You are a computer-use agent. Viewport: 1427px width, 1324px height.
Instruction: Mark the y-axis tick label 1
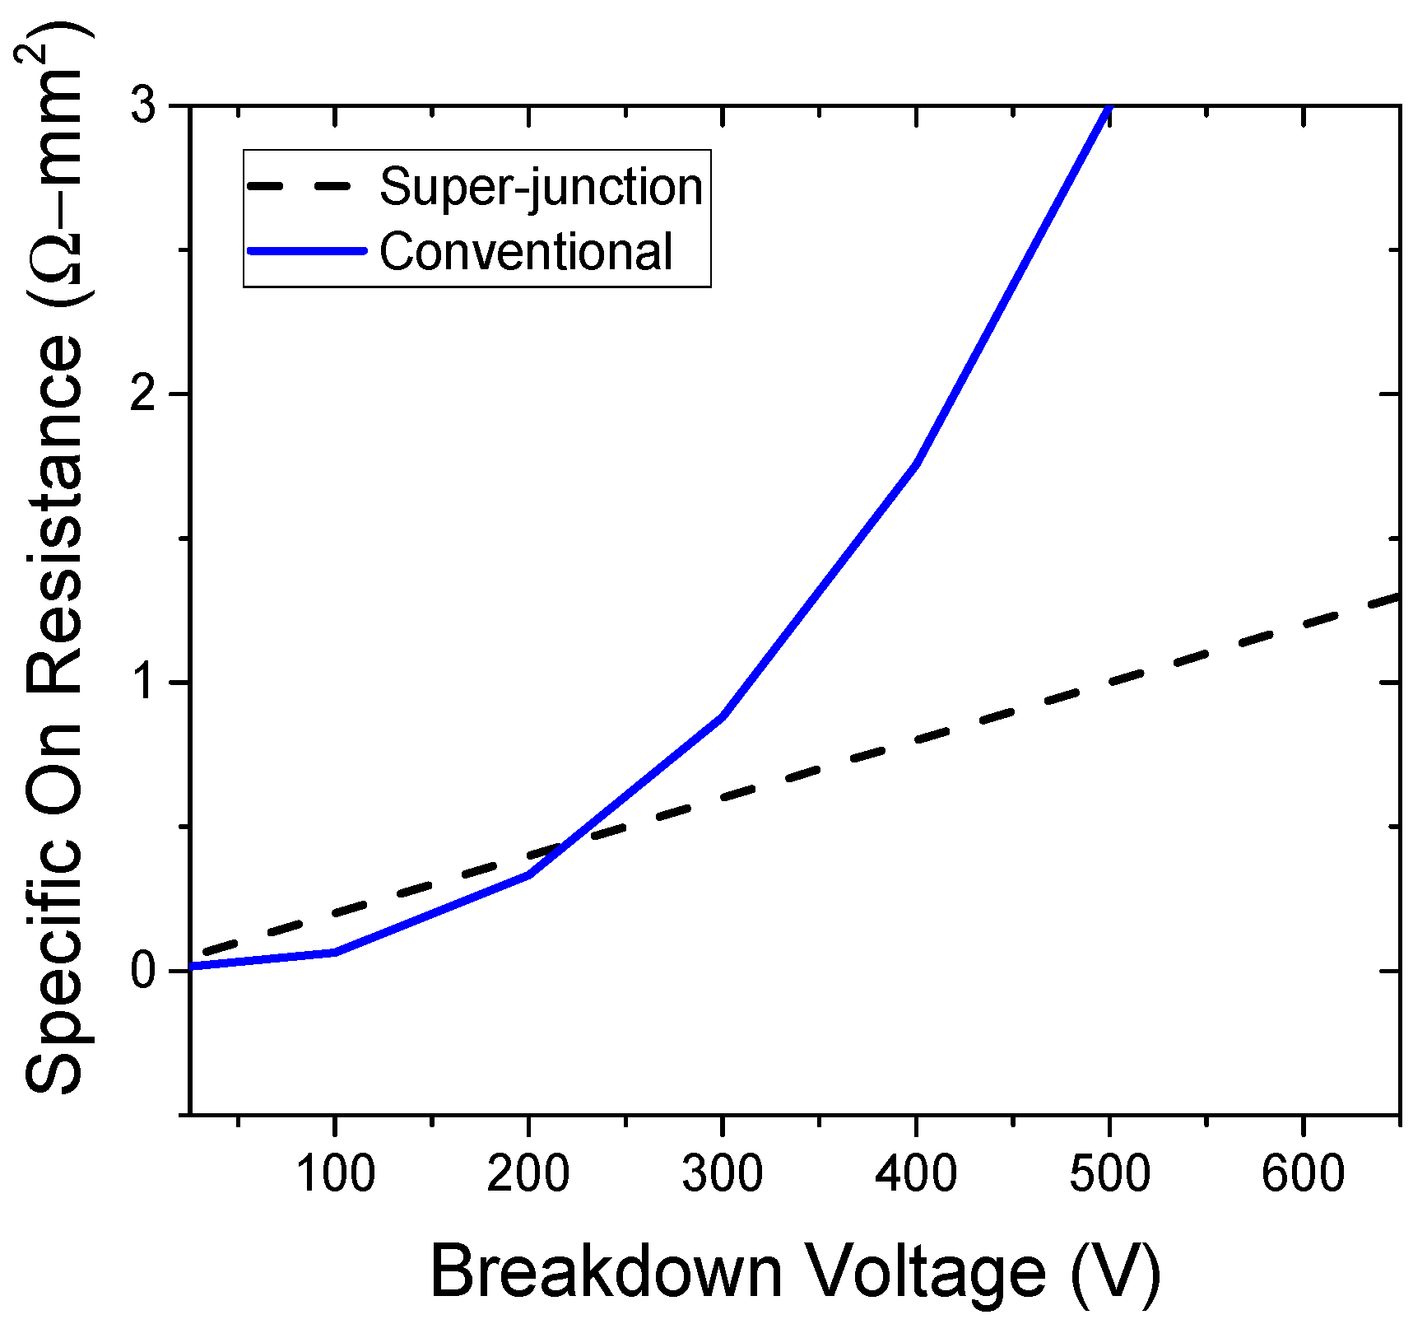145,683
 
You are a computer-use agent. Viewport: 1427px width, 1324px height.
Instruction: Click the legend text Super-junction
541,187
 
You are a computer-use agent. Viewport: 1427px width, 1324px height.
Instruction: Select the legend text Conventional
526,251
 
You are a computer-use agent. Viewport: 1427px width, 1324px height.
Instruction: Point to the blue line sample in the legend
306,251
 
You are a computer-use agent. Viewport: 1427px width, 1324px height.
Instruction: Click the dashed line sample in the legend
306,187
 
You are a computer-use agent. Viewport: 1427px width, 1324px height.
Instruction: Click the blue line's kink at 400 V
916,464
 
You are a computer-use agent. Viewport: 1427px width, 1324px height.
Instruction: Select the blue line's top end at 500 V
1109,109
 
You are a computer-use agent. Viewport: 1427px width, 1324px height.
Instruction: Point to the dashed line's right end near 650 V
1395,596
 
